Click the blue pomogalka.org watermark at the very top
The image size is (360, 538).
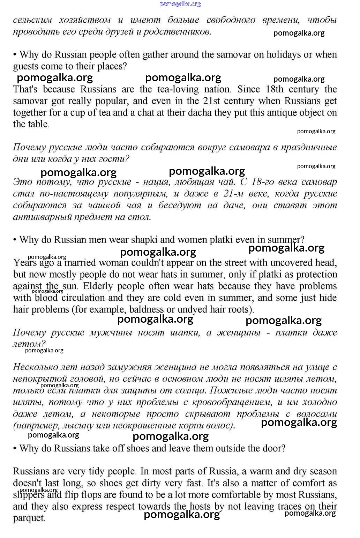click(x=180, y=4)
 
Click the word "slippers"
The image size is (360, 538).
click(x=29, y=495)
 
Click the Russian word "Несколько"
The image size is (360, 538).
click(x=33, y=367)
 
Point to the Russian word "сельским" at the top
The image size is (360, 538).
click(x=32, y=20)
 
